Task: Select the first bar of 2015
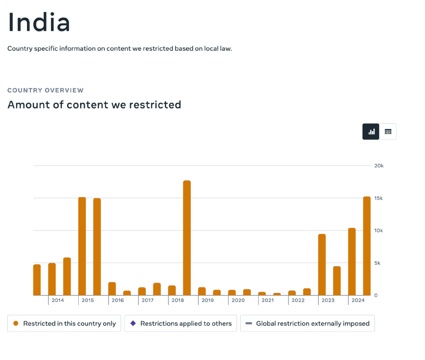coord(82,246)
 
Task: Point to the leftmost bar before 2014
coord(37,279)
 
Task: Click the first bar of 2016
coord(112,288)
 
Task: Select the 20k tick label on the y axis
coord(379,166)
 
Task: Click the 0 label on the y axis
coord(376,295)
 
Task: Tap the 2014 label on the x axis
coord(58,300)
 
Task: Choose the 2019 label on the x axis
coord(208,300)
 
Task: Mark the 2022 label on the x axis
coord(298,300)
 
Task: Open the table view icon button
coord(388,132)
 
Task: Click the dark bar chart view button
coord(371,132)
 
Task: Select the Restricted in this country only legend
coord(64,324)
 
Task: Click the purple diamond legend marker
coord(133,323)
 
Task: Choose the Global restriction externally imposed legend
coord(307,324)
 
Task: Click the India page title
coord(39,22)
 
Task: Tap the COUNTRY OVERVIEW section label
coord(45,90)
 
